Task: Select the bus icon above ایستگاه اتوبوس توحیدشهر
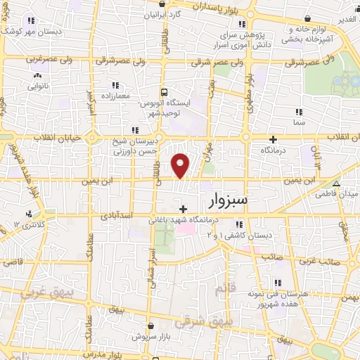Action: tap(164, 92)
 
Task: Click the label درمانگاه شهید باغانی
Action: tap(179, 220)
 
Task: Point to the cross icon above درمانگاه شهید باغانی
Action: tap(183, 209)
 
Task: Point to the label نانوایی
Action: tap(39, 86)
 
